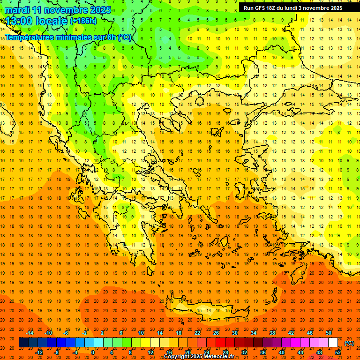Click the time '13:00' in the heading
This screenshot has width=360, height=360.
[x=21, y=21]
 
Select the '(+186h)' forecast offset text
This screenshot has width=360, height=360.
[x=83, y=21]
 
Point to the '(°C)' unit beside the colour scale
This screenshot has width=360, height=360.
[x=349, y=343]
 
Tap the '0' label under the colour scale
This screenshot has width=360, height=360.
[x=93, y=352]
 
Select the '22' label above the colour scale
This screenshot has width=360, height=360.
[x=197, y=333]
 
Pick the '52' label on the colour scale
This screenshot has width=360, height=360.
[x=337, y=352]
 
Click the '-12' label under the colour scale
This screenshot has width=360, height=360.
[x=39, y=352]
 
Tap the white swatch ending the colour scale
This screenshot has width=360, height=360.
[x=333, y=343]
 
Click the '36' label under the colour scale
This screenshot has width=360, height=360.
[x=263, y=352]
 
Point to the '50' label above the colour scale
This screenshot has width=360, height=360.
[x=329, y=333]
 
